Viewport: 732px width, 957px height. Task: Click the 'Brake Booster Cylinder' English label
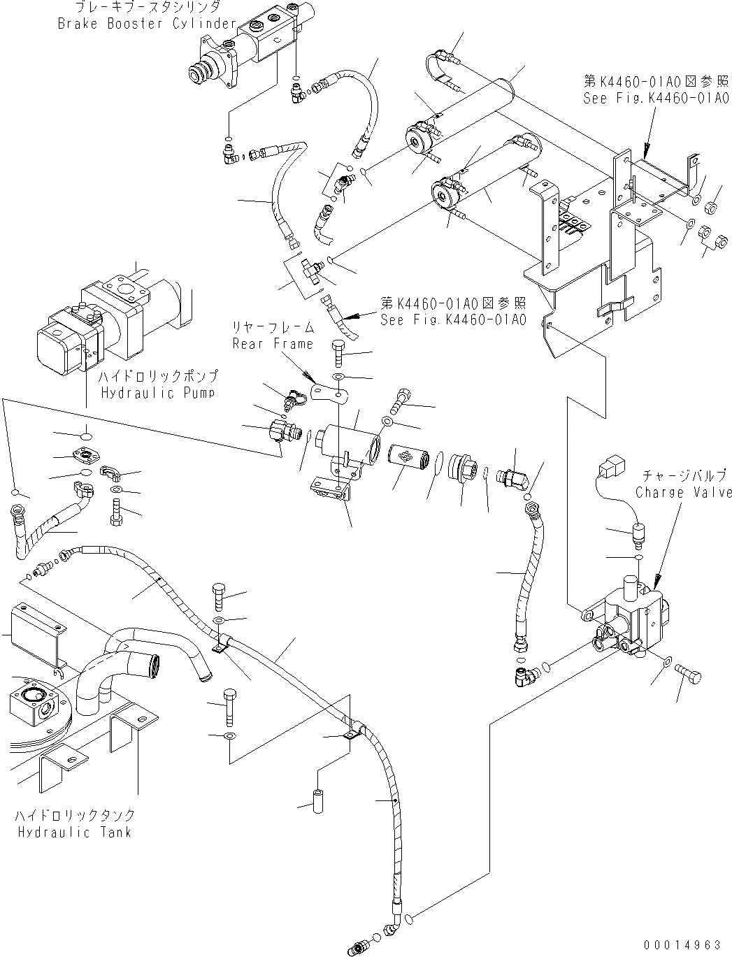[x=148, y=24]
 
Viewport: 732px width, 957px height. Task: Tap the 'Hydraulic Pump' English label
[x=158, y=393]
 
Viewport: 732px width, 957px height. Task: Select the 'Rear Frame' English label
[x=273, y=343]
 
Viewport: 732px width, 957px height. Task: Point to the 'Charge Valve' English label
[x=683, y=492]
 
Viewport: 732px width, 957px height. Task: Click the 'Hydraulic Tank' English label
[x=74, y=832]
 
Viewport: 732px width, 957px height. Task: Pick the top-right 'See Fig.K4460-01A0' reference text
[x=656, y=99]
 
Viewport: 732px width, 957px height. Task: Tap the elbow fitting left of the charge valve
[x=523, y=675]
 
